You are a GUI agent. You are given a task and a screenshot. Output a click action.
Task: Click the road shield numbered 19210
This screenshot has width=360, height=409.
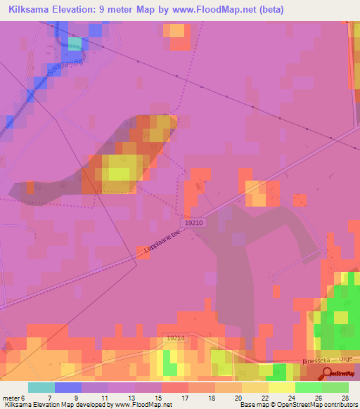click(x=195, y=222)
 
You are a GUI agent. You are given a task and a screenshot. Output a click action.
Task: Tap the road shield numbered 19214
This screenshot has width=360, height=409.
click(x=176, y=338)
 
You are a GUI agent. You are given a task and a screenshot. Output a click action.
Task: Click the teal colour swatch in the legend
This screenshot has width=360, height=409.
click(x=41, y=387)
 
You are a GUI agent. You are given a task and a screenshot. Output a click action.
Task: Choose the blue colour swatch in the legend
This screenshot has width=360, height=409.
click(x=67, y=387)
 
